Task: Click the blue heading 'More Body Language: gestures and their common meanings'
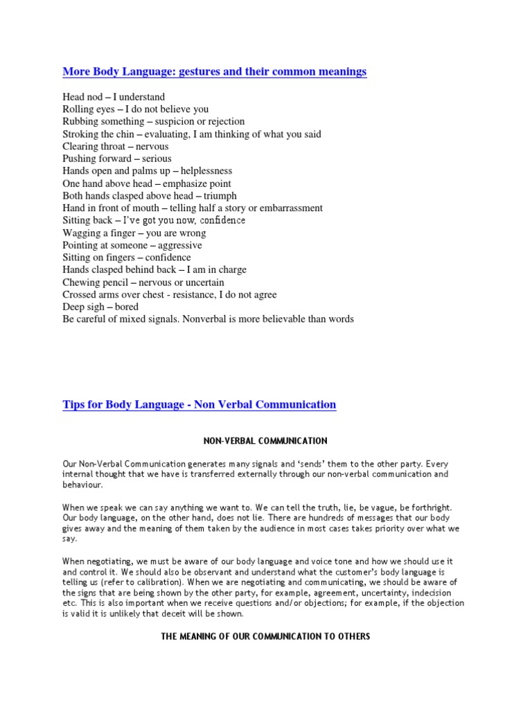point(215,71)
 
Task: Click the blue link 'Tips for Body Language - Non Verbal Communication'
point(199,404)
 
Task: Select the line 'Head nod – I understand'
point(114,97)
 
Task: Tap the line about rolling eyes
point(135,109)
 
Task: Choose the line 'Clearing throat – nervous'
point(116,147)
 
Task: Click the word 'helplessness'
point(206,171)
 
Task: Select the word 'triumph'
point(220,196)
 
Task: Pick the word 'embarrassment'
point(292,208)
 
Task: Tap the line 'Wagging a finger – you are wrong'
point(134,233)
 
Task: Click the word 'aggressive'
point(179,245)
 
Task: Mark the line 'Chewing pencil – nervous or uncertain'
point(143,282)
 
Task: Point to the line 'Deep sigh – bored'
point(100,307)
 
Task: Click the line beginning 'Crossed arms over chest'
point(170,294)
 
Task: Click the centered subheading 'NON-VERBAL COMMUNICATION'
point(265,441)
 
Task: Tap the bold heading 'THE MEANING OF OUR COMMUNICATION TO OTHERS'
point(265,636)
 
